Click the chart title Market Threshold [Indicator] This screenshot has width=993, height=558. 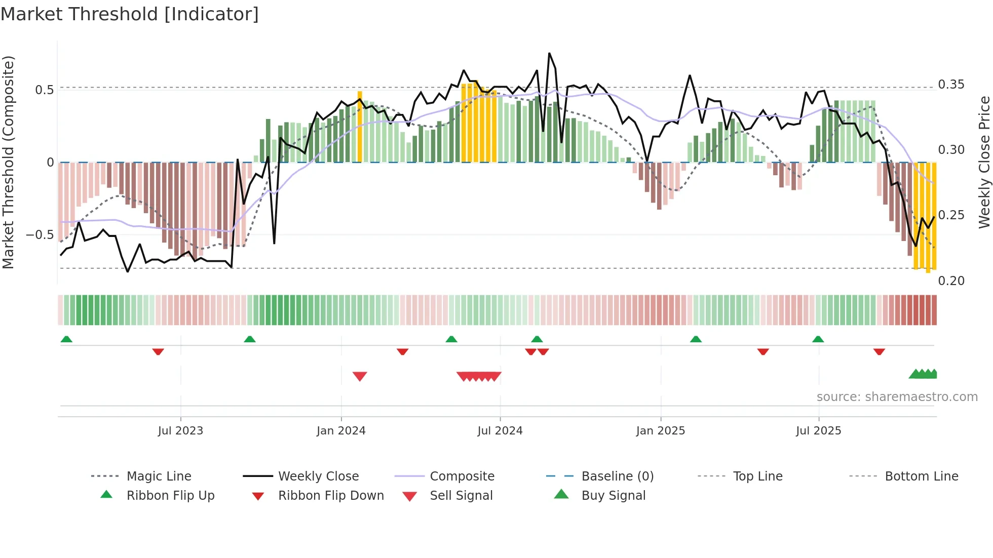(130, 14)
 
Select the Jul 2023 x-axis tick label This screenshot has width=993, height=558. (180, 431)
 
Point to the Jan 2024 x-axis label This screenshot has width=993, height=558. (341, 431)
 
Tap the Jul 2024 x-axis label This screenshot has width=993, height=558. (500, 431)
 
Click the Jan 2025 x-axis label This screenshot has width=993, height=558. (661, 431)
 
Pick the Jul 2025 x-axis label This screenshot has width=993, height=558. (819, 431)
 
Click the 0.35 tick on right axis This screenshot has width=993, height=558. (951, 85)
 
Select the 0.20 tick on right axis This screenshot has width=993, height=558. (951, 281)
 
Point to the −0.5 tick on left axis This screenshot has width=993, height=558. (40, 235)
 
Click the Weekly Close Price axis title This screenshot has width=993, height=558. (984, 162)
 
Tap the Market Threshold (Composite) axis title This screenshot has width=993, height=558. (8, 162)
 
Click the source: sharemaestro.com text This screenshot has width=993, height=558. (897, 397)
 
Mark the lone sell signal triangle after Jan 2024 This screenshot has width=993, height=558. (360, 376)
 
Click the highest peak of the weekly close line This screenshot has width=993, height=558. (549, 53)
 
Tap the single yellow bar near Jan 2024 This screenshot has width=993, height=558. (360, 127)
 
